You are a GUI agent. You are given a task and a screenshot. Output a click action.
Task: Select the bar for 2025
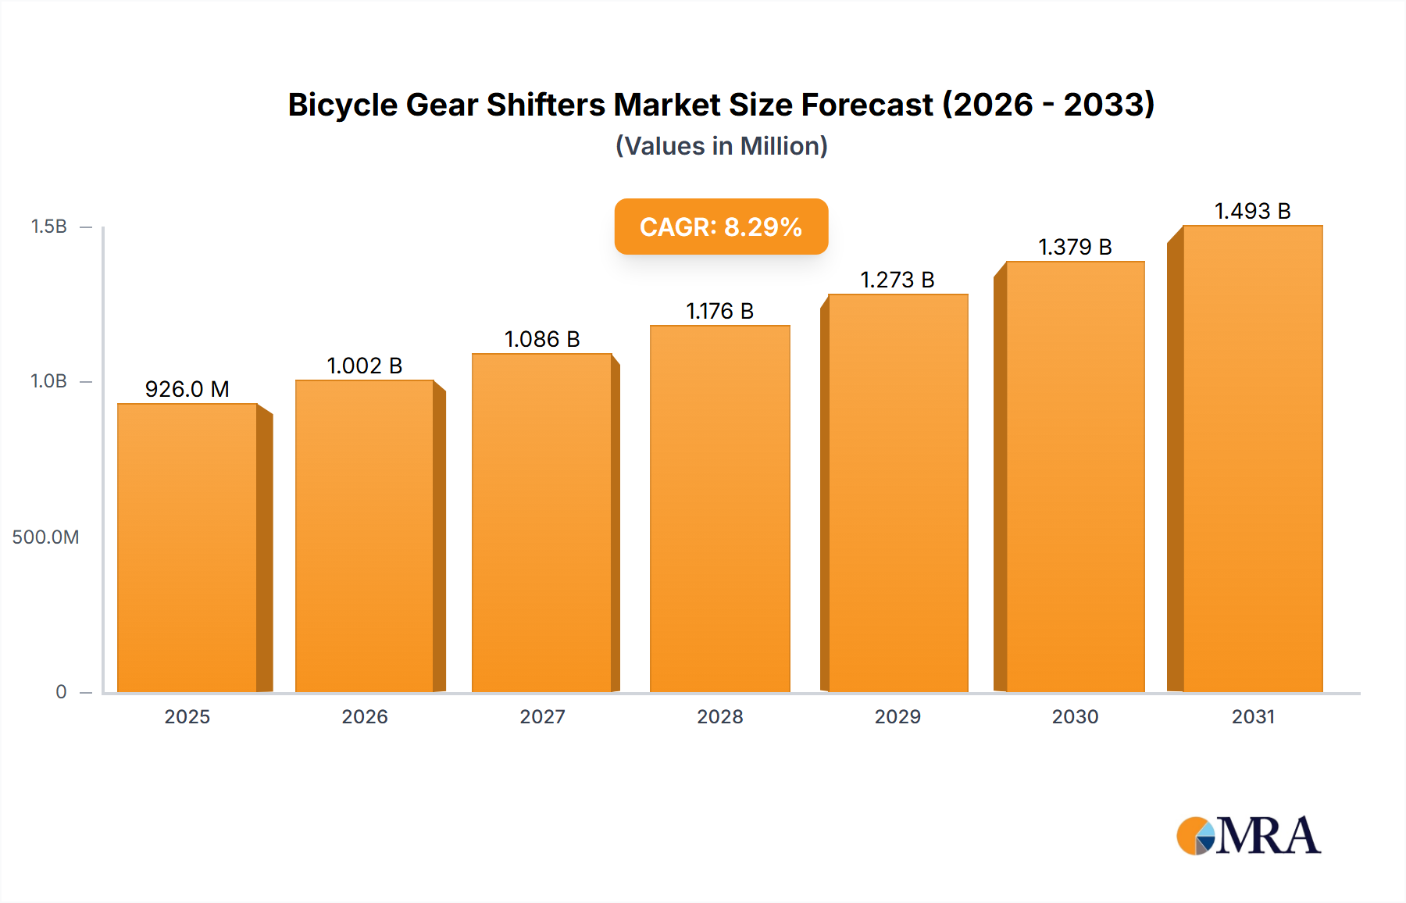point(187,547)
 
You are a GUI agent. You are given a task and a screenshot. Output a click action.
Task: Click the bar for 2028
point(719,508)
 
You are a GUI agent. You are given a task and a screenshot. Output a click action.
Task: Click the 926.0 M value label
point(187,389)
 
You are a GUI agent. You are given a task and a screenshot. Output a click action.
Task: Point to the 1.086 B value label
point(542,339)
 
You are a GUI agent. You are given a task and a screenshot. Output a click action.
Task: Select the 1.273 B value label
point(897,280)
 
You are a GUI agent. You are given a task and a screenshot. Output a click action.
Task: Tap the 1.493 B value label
point(1252,211)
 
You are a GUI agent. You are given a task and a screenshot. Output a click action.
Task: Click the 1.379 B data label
point(1075,247)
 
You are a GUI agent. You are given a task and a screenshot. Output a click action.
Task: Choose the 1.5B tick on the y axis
point(48,227)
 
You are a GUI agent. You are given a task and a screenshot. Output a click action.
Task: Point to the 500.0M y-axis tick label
point(45,537)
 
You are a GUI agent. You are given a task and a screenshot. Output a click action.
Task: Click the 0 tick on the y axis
point(61,691)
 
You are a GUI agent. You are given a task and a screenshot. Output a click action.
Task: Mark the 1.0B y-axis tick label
point(48,381)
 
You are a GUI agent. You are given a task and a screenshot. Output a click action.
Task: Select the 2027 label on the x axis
point(542,716)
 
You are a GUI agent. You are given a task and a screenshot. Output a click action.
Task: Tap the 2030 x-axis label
point(1075,716)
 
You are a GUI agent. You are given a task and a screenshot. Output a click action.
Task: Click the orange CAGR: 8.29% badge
point(721,227)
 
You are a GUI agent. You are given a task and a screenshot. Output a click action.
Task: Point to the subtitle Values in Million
point(721,146)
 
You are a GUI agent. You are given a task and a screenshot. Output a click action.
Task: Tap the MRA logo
point(1248,836)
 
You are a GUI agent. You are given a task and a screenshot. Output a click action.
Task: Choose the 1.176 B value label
point(719,311)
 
